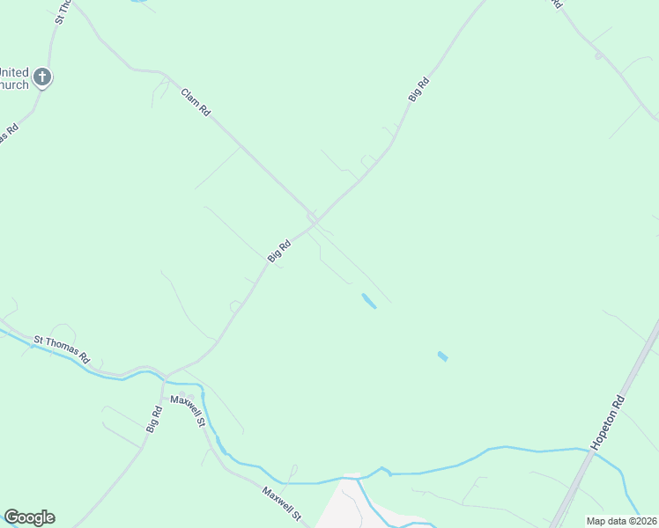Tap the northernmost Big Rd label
tap(418, 90)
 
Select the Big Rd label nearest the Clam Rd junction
tap(279, 250)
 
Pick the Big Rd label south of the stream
tap(155, 418)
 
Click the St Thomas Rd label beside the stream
tap(62, 349)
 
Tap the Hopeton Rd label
tap(608, 422)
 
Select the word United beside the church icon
tap(13, 72)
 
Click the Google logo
tap(29, 517)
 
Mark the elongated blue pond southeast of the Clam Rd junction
tap(369, 301)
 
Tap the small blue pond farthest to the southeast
tap(442, 356)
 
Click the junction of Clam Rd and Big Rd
tap(313, 220)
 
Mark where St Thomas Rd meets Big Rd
tap(164, 376)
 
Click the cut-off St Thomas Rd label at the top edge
tap(62, 11)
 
